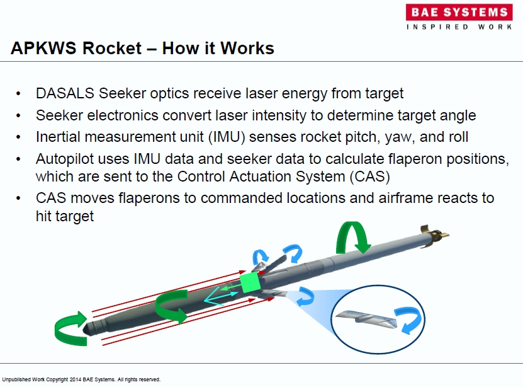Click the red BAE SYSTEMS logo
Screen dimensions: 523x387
tap(459, 13)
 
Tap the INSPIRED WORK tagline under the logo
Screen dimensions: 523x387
tap(459, 27)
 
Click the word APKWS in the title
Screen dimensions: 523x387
tap(43, 48)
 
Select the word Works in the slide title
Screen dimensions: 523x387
tap(247, 48)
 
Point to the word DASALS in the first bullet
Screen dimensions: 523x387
tap(65, 93)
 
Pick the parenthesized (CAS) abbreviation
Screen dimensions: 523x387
tap(370, 176)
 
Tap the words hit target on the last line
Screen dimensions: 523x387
tap(65, 216)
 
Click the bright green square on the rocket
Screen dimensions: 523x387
tap(250, 282)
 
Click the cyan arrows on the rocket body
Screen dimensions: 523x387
tap(220, 296)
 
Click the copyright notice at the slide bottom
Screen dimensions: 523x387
tap(81, 379)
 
